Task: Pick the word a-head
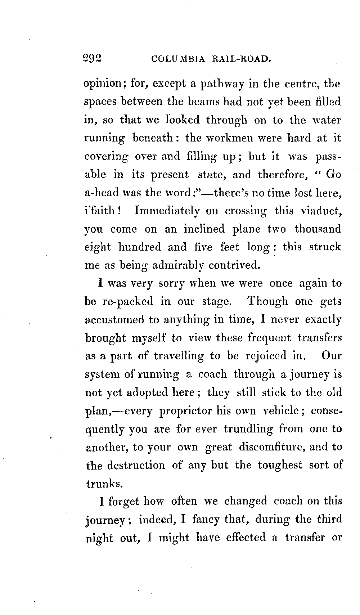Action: pyautogui.click(x=102, y=192)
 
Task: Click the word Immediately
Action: pyautogui.click(x=167, y=211)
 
